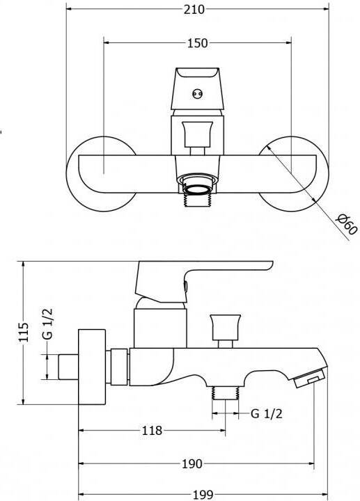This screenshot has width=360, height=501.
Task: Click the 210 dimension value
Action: pyautogui.click(x=194, y=9)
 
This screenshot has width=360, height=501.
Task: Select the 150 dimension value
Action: pyautogui.click(x=197, y=43)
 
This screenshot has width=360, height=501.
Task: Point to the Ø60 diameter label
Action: pyautogui.click(x=347, y=224)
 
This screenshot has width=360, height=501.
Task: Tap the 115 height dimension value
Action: pyautogui.click(x=24, y=333)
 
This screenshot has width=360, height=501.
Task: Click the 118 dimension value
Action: pyautogui.click(x=152, y=431)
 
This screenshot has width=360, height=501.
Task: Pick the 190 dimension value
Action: pyautogui.click(x=191, y=463)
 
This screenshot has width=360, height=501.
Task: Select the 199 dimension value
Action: pyautogui.click(x=203, y=495)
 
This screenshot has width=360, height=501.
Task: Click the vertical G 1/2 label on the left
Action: pyautogui.click(x=47, y=324)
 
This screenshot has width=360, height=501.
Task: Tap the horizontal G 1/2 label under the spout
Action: pyautogui.click(x=267, y=414)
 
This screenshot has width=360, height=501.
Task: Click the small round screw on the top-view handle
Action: pyautogui.click(x=197, y=94)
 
